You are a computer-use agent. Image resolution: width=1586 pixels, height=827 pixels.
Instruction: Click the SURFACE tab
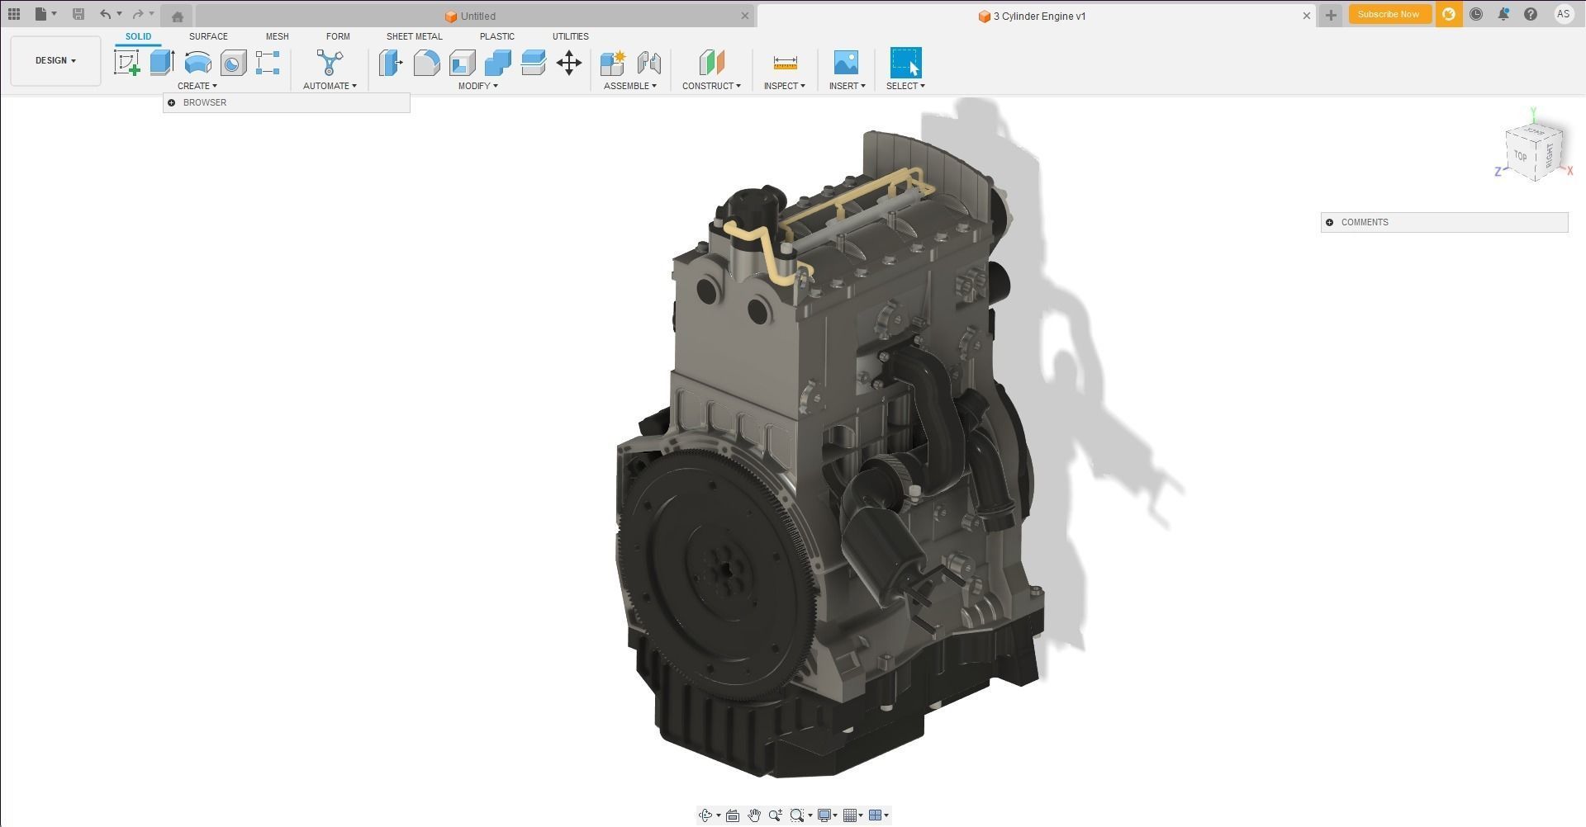[208, 36]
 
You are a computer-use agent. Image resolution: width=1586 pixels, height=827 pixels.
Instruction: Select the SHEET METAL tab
[414, 36]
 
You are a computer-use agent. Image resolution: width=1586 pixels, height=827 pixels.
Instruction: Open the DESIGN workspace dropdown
[55, 60]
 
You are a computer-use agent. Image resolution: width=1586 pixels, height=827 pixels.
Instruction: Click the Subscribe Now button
[1388, 14]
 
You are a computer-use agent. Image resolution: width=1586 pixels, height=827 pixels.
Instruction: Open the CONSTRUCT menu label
[710, 86]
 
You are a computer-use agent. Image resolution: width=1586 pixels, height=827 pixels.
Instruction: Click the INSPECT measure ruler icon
[785, 63]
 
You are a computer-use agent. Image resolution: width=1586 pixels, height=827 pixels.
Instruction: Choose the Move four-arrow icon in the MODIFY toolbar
[569, 63]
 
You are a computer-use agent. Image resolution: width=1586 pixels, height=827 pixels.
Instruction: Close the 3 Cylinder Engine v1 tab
[1307, 16]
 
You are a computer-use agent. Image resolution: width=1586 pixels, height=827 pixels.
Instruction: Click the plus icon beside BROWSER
[172, 103]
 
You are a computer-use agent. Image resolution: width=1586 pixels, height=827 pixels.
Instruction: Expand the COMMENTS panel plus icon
[1329, 222]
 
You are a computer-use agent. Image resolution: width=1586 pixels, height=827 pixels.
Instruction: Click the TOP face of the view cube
[1521, 156]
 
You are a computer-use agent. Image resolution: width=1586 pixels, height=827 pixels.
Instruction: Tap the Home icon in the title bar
[177, 16]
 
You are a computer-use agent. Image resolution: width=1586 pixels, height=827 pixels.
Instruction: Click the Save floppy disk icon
[78, 14]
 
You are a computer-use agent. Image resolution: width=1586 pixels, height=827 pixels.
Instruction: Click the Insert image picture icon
[846, 63]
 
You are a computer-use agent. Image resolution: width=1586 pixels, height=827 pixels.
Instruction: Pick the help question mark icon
[1531, 14]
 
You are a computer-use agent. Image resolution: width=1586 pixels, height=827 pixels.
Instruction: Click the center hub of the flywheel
[725, 568]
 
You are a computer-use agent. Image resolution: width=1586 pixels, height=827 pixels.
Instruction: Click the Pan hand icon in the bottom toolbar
[753, 815]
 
